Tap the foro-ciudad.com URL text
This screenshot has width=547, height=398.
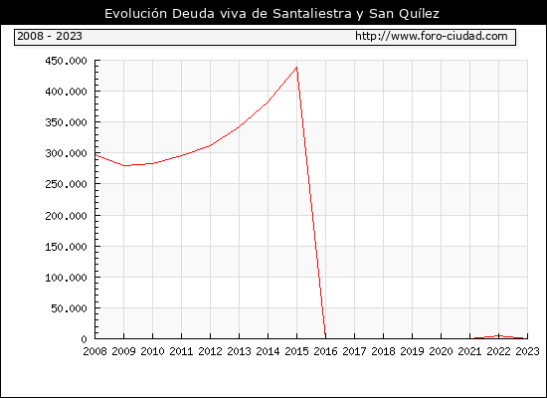pyautogui.click(x=432, y=36)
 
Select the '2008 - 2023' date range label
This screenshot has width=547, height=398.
pyautogui.click(x=50, y=36)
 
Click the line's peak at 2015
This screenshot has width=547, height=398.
pyautogui.click(x=296, y=67)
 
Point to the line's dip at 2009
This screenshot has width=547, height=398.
pyautogui.click(x=124, y=165)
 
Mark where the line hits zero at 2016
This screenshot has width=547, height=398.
pyautogui.click(x=325, y=337)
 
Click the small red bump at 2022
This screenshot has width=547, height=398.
pyautogui.click(x=499, y=336)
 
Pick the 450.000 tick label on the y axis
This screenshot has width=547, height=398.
pyautogui.click(x=66, y=61)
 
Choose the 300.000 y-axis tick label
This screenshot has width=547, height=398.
pyautogui.click(x=66, y=153)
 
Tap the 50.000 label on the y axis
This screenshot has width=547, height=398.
pyautogui.click(x=69, y=308)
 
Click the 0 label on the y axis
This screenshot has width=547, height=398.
pyautogui.click(x=84, y=339)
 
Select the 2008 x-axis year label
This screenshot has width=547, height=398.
pyautogui.click(x=94, y=351)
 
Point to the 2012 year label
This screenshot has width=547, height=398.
pyautogui.click(x=210, y=351)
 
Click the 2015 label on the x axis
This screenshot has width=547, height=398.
pyautogui.click(x=296, y=351)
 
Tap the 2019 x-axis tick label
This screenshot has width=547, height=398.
pyautogui.click(x=412, y=351)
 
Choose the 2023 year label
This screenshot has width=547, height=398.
pyautogui.click(x=527, y=351)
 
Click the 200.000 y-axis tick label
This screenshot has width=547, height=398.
pyautogui.click(x=66, y=216)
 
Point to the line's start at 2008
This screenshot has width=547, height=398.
pyautogui.click(x=95, y=154)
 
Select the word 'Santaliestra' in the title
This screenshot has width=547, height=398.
pyautogui.click(x=312, y=14)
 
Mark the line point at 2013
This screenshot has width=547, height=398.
pyautogui.click(x=239, y=126)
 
